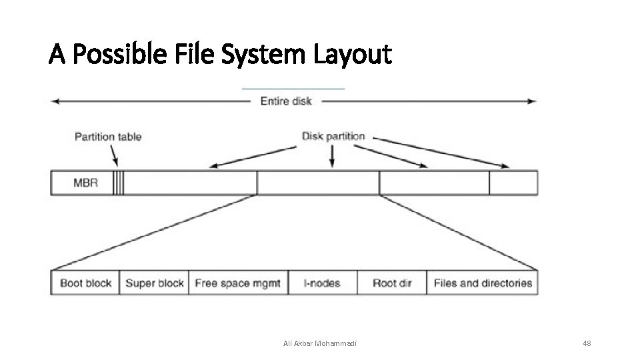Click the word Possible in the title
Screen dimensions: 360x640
click(x=114, y=55)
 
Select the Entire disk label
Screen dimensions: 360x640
click(x=286, y=101)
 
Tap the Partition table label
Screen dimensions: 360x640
click(x=108, y=137)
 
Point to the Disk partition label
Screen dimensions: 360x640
click(x=333, y=136)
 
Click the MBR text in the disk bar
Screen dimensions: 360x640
click(x=85, y=183)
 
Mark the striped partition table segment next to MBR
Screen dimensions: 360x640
click(x=118, y=183)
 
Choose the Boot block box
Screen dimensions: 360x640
click(x=86, y=283)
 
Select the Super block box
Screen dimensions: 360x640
click(x=154, y=283)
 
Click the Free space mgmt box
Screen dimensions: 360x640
click(x=238, y=283)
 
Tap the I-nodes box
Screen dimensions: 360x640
click(x=323, y=283)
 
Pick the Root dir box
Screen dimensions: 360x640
click(x=391, y=283)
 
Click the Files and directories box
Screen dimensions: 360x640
click(x=483, y=283)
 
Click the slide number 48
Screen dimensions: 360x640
click(x=587, y=343)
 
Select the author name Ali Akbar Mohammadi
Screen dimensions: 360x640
click(x=320, y=343)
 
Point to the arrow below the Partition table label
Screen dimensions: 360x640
click(x=114, y=156)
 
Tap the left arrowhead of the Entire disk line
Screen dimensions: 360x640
click(x=55, y=101)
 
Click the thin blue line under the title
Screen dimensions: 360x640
click(x=293, y=89)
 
